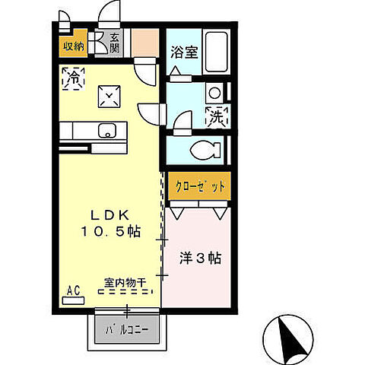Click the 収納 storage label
click(x=74, y=45)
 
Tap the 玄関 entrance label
click(x=115, y=43)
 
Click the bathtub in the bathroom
click(x=217, y=53)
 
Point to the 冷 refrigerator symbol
click(x=75, y=78)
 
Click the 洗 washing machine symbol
click(x=215, y=117)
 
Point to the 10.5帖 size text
click(x=112, y=229)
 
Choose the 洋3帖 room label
click(x=199, y=259)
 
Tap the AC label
click(x=74, y=290)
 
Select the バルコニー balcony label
click(x=127, y=330)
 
